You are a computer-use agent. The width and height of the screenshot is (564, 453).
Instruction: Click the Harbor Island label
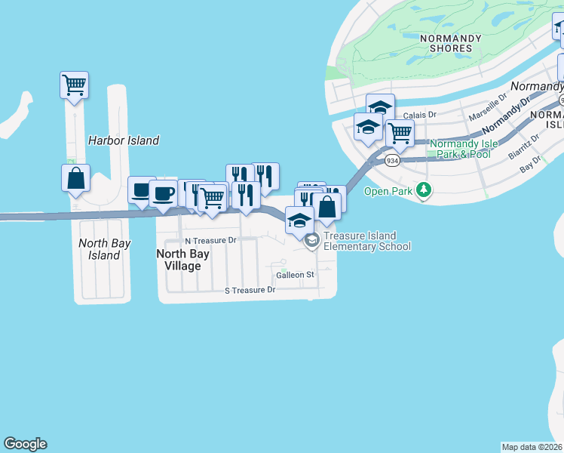tap(124, 140)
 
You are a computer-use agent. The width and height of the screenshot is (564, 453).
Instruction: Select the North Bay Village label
tap(179, 260)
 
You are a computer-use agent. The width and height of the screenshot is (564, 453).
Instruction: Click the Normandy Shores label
tap(446, 42)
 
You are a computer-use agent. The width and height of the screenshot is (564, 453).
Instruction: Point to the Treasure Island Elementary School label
tap(367, 241)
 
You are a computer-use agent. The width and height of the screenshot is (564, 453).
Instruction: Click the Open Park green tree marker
tap(424, 191)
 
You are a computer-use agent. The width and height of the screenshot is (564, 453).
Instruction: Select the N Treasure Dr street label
tap(210, 240)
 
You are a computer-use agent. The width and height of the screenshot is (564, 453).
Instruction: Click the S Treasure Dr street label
tap(250, 290)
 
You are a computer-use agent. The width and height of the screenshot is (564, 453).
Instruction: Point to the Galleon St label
tap(295, 275)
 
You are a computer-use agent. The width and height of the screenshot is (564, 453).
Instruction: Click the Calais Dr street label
tap(420, 115)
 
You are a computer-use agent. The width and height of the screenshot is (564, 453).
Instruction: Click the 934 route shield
tap(391, 161)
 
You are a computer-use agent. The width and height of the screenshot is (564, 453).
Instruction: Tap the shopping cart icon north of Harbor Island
tap(75, 85)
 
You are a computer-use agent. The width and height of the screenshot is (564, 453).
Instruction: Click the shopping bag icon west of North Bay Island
tap(75, 178)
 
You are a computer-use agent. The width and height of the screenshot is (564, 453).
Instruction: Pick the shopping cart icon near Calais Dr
tap(400, 133)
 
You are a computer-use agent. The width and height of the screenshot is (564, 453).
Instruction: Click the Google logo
tap(25, 444)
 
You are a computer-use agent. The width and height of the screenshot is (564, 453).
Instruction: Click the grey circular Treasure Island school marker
tap(311, 241)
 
